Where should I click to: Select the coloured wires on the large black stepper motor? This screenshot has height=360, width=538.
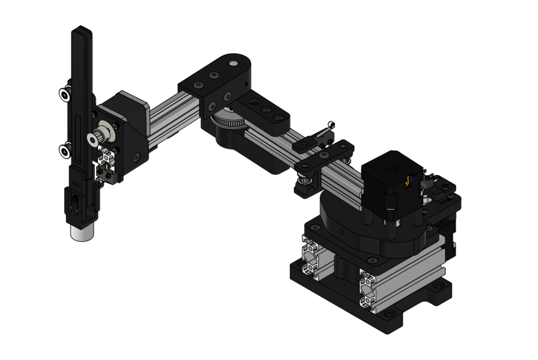pyautogui.click(x=408, y=181)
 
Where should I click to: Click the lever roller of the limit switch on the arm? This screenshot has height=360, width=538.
pyautogui.click(x=332, y=124)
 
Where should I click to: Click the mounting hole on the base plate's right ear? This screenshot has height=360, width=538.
pyautogui.click(x=438, y=289)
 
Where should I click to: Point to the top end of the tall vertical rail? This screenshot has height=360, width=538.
pyautogui.click(x=82, y=29)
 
